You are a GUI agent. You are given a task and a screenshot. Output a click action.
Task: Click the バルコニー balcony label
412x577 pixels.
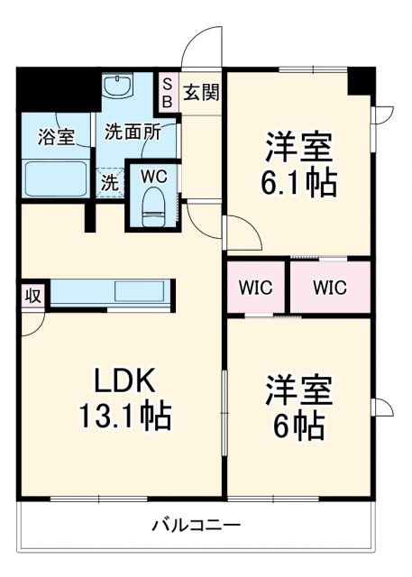click(x=195, y=526)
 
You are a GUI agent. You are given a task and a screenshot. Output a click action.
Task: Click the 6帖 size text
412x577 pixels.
click(x=300, y=424)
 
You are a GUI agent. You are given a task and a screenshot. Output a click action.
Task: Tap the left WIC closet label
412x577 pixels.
click(x=255, y=288)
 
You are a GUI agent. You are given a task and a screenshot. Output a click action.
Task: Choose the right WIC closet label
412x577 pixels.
click(x=330, y=288)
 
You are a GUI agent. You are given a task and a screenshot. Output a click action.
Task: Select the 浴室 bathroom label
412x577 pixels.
click(x=56, y=138)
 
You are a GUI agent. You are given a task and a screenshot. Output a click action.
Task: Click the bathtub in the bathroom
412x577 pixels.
click(x=56, y=179)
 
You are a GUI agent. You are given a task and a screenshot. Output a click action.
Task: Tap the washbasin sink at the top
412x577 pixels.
click(x=116, y=87)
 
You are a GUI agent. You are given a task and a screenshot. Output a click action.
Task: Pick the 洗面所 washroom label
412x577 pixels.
click(x=132, y=132)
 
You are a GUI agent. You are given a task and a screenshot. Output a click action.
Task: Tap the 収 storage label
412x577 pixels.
click(x=32, y=296)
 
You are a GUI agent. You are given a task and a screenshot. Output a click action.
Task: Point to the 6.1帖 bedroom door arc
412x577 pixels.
click(x=243, y=233)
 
